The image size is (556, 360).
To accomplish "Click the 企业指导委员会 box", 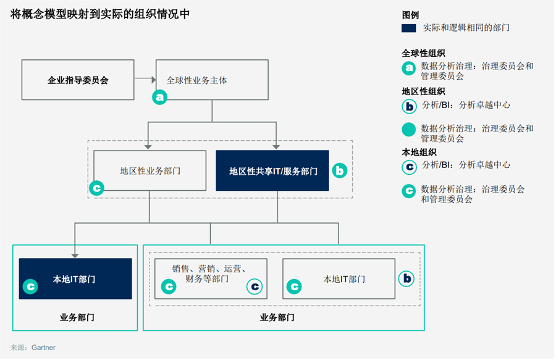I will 78,80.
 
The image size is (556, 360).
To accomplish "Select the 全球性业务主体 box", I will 212,80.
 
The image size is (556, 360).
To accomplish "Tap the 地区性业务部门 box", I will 150,170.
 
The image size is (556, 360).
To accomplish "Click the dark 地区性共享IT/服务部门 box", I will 272,170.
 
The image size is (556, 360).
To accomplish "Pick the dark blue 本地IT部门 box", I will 75,278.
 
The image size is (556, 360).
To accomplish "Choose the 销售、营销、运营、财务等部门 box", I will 210,278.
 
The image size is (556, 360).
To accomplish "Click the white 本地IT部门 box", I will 339,278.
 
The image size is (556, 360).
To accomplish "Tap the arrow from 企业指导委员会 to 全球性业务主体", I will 145,80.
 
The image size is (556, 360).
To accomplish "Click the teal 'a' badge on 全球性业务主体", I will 160,97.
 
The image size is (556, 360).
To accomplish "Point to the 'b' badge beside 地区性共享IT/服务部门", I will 340,171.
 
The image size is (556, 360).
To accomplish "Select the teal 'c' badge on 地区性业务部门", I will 96,188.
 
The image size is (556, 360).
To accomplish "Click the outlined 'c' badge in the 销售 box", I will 255,287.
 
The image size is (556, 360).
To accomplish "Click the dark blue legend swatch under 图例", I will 408,28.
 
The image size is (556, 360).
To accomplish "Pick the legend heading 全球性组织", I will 423,53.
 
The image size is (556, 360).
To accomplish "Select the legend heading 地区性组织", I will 423,91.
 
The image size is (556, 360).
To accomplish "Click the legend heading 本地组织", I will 419,152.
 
